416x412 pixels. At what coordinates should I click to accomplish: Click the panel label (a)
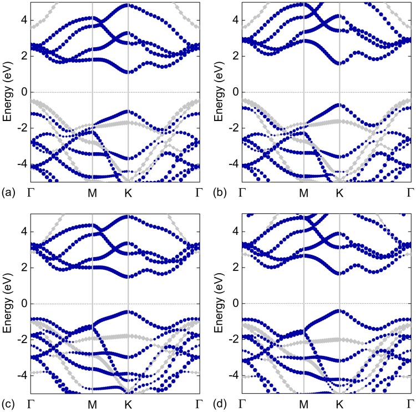click(8, 193)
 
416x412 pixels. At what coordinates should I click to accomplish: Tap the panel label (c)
click(8, 405)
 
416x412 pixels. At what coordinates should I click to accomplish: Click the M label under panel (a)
click(92, 193)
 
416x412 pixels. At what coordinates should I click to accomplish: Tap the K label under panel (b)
click(339, 193)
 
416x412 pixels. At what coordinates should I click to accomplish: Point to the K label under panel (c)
click(128, 405)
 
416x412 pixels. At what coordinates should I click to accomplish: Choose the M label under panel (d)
click(304, 405)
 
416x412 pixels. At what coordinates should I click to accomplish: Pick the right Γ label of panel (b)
click(410, 193)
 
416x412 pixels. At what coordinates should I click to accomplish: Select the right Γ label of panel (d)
click(410, 405)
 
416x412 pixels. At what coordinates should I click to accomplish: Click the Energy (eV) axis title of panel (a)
click(7, 92)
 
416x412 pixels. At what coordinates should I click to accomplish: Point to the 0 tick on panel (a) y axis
click(23, 92)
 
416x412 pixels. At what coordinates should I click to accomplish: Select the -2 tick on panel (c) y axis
click(21, 340)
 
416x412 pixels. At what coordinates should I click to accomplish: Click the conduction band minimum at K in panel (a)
click(128, 72)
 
